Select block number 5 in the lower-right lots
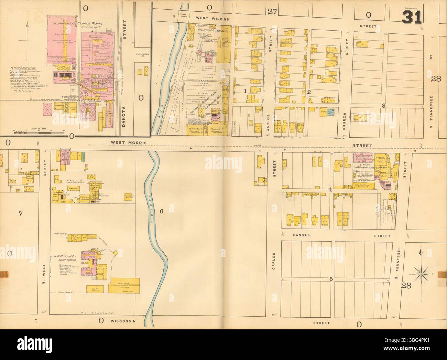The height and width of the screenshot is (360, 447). pos(331,279)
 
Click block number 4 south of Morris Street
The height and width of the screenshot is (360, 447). pos(330,189)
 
